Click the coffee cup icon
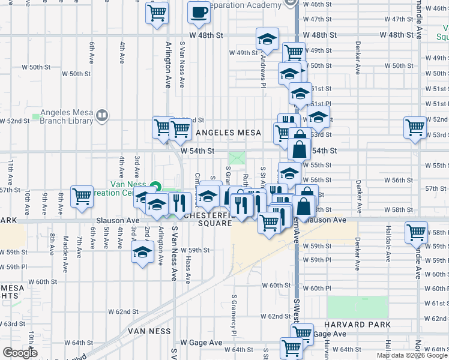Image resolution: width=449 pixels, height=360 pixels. [x=199, y=13]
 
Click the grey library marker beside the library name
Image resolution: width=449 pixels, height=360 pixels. [x=103, y=116]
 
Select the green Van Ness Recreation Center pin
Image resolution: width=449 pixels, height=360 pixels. [x=155, y=187]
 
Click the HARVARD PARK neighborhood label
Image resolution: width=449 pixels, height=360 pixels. [x=360, y=324]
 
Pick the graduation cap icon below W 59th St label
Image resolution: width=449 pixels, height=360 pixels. [x=142, y=253]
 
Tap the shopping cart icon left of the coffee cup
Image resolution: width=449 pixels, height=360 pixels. [x=157, y=13]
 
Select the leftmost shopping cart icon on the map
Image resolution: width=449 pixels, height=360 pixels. [x=82, y=196]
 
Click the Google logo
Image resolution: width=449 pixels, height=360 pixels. [x=20, y=353]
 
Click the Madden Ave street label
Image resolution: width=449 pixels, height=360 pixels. [x=66, y=247]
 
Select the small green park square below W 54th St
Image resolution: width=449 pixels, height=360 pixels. [x=237, y=159]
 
